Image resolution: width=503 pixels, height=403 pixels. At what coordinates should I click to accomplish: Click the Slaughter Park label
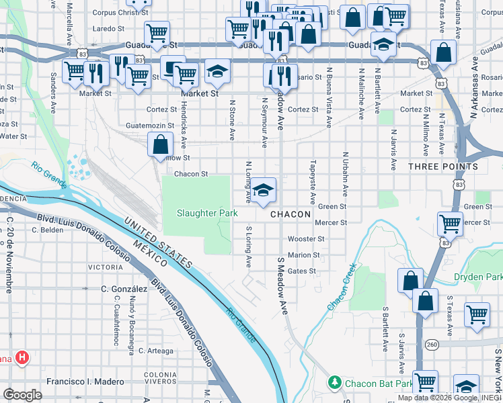[x=207, y=213]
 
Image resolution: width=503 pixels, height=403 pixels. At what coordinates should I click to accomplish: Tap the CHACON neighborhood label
[x=291, y=214]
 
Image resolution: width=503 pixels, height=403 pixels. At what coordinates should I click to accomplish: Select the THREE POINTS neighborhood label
[x=442, y=166]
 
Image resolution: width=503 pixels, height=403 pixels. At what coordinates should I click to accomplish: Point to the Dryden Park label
[x=478, y=277]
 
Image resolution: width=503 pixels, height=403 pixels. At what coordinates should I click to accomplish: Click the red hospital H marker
[x=22, y=358]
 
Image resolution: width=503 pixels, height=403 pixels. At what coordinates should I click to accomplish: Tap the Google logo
[x=22, y=394]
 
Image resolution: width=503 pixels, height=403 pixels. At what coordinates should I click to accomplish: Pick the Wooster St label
[x=306, y=238]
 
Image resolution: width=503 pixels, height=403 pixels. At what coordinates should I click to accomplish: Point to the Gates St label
[x=301, y=271]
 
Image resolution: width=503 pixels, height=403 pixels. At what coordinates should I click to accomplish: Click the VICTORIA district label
[x=106, y=267]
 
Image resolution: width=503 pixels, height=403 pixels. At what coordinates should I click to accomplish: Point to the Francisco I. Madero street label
[x=85, y=382]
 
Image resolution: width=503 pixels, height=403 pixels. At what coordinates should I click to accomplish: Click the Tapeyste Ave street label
[x=313, y=181]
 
